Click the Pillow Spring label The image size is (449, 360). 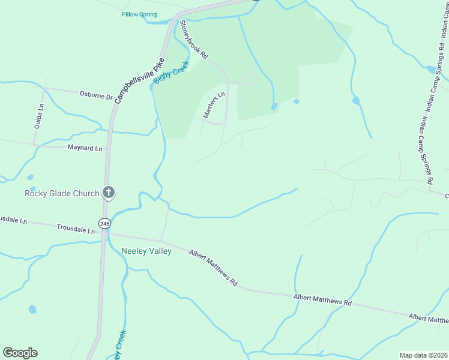[x=139, y=14]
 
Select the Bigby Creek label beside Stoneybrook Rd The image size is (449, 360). [x=171, y=71]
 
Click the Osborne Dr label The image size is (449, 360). [x=96, y=95]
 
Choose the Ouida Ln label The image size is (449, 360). [x=40, y=115]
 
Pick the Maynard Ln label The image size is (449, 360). [x=85, y=148]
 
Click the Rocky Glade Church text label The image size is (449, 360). [x=61, y=193]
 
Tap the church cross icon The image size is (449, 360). [x=108, y=193]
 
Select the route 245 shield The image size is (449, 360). [x=105, y=223]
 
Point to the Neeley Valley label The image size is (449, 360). [x=146, y=251]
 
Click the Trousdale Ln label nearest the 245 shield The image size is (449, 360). [x=76, y=229]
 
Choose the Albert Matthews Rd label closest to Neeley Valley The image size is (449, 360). [x=214, y=268]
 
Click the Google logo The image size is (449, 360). [x=20, y=353]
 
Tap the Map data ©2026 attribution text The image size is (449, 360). [x=424, y=355]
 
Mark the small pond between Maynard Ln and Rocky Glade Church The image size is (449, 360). [x=30, y=178]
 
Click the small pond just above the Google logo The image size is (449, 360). [x=32, y=310]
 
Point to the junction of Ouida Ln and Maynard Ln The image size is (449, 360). [x=34, y=145]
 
